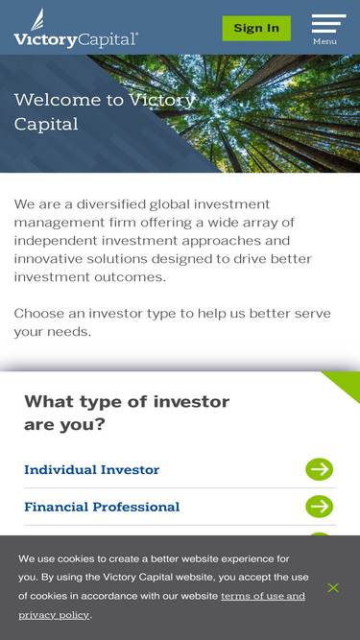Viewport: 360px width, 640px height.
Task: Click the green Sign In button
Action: [256, 28]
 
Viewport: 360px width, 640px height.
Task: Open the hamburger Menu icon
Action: [328, 24]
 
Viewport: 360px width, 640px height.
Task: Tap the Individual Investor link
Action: [91, 469]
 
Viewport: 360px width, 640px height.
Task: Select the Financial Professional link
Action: [102, 507]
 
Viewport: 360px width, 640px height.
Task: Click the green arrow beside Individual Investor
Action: [319, 469]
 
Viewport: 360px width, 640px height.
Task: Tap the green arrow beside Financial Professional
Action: [319, 507]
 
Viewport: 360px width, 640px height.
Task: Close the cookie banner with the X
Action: [333, 587]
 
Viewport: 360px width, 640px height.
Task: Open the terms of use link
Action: [263, 596]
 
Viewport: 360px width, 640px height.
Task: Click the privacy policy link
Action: [54, 614]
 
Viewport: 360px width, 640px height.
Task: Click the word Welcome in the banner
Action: [57, 100]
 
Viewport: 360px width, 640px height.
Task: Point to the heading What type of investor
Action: [127, 402]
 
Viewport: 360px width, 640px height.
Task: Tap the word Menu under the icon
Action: [324, 41]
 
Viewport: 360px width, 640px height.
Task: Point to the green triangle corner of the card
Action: [347, 384]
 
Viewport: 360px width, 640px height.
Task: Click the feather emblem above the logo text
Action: [36, 18]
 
